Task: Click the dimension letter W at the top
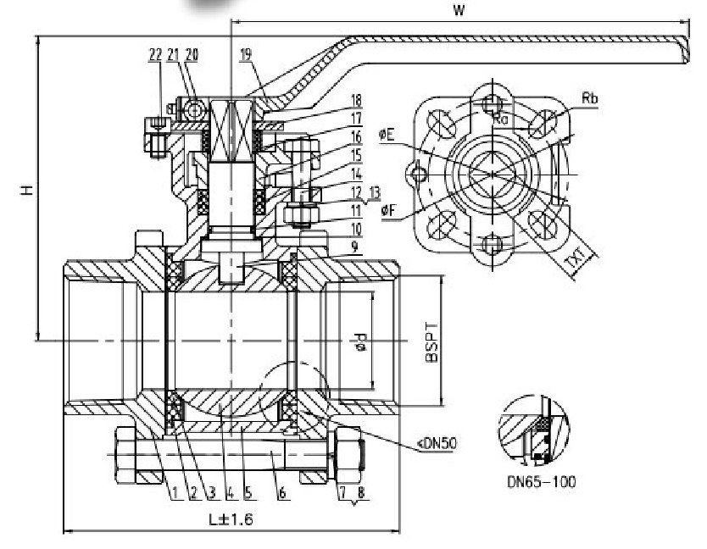[x=459, y=11]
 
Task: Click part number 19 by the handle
[x=246, y=55]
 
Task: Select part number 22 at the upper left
[x=154, y=54]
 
